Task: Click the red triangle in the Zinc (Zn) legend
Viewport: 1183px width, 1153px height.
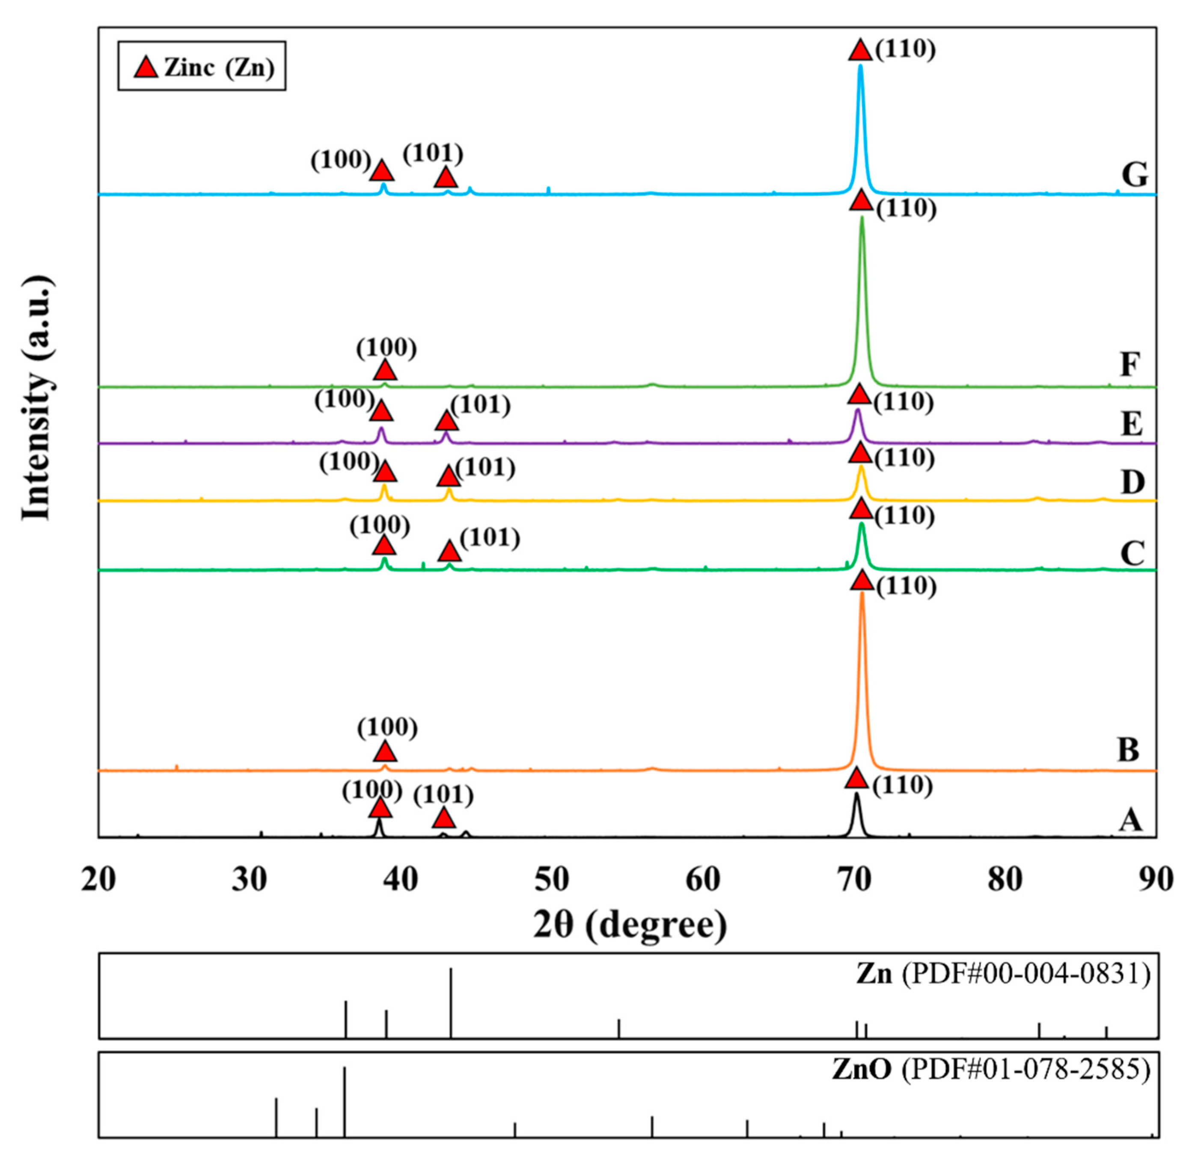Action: click(x=146, y=67)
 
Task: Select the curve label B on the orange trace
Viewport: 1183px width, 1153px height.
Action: click(x=1128, y=750)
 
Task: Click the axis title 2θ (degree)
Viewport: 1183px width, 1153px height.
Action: click(x=630, y=925)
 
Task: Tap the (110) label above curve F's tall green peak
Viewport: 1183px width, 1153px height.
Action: click(x=906, y=208)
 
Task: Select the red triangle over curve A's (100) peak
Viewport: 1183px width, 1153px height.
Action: click(x=380, y=808)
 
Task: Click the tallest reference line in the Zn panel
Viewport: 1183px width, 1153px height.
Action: click(x=451, y=1002)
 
